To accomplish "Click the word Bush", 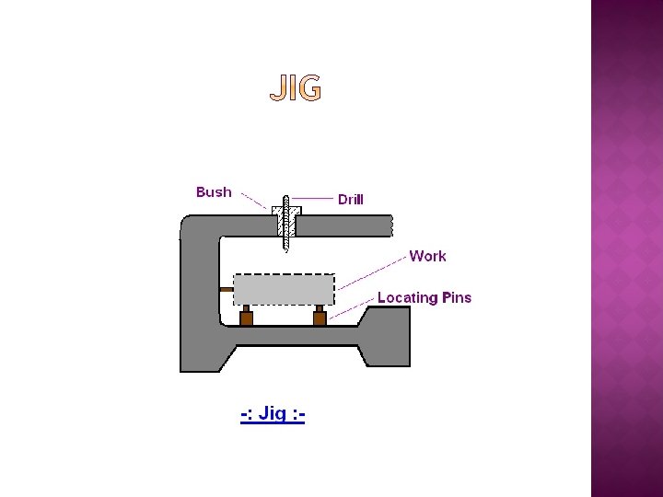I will coord(214,192).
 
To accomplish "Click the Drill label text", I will coord(350,200).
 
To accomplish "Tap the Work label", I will coord(427,256).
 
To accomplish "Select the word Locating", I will coord(407,297).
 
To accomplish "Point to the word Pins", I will coord(456,297).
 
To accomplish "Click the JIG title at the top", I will coord(296,89).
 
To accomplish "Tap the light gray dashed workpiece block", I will coord(284,289).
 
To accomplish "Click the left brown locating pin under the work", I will coord(246,318).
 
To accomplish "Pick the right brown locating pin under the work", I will coord(320,318).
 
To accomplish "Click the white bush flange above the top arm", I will coord(286,211).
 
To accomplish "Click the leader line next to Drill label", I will coord(313,198).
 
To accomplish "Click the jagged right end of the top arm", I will coord(390,225).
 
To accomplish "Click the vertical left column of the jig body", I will coord(199,295).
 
